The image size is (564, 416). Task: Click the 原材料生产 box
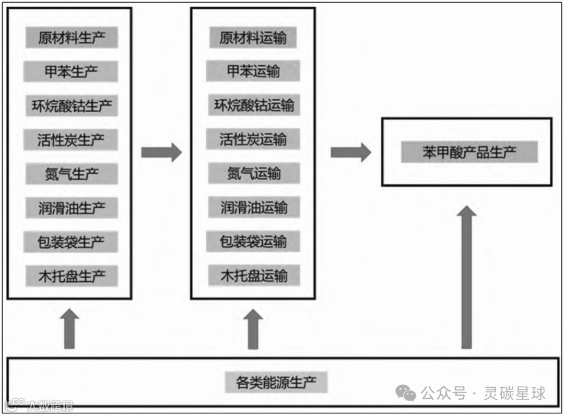72,38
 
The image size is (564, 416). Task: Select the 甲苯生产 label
72,72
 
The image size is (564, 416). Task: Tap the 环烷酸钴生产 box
72,105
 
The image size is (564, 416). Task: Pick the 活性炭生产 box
72,139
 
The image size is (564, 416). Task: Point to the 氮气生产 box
72,173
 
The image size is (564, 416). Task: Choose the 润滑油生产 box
72,208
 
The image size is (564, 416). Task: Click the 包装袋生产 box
72,242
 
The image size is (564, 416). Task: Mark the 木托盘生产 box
72,276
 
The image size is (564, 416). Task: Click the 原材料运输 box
253,38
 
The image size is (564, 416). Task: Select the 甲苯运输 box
253,72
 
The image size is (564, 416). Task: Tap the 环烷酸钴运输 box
253,105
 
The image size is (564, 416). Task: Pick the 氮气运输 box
253,173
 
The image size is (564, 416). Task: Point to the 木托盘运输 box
253,276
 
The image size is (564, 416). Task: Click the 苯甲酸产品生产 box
469,152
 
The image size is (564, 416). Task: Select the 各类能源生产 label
276,382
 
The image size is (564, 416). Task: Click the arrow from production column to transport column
161,152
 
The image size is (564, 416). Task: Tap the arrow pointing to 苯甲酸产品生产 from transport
350,152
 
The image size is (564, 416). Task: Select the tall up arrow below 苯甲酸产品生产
466,277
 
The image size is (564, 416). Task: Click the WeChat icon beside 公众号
406,393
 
